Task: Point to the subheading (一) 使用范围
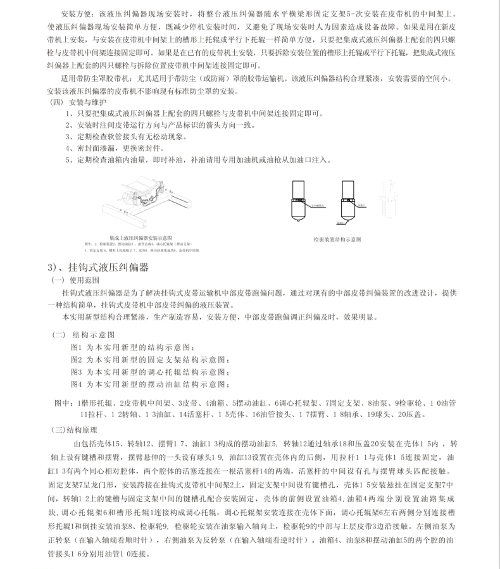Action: coord(75,280)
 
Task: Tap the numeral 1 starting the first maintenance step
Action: coord(68,114)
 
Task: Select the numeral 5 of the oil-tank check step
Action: coord(68,160)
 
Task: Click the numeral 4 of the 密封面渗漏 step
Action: coord(68,148)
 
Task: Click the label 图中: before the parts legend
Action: coord(65,403)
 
